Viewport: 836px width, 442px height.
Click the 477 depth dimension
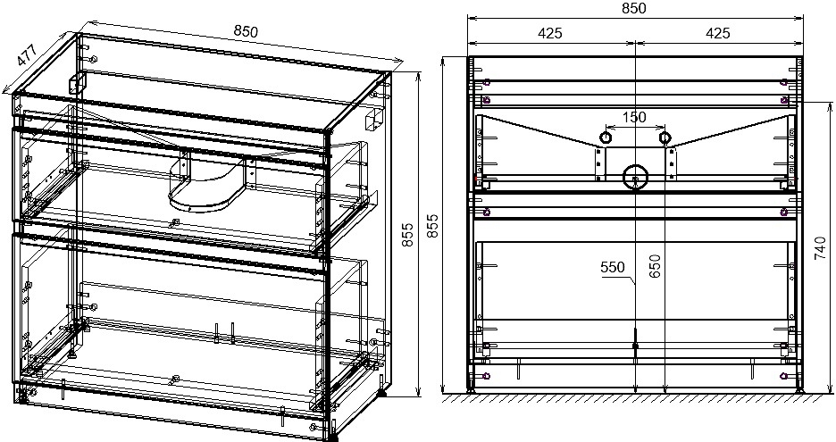pos(26,55)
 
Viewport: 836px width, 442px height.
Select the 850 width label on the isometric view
pos(246,31)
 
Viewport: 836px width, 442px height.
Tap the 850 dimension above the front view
pos(634,8)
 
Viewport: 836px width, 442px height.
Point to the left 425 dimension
pos(549,33)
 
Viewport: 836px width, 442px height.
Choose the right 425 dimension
pos(717,33)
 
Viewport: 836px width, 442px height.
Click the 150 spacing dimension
pos(634,117)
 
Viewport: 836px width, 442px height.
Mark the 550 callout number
pos(612,267)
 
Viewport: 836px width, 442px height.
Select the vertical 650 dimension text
pos(656,266)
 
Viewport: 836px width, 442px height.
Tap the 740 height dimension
pos(821,248)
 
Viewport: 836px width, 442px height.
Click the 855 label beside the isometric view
pos(406,235)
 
